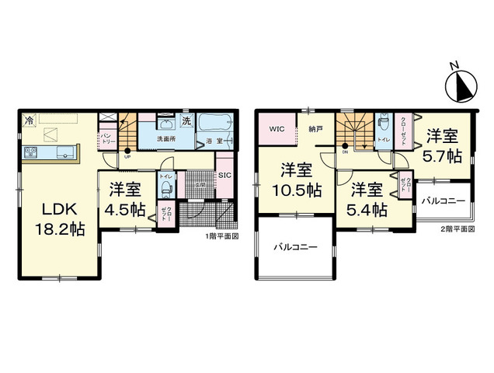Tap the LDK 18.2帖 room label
pyautogui.click(x=55, y=219)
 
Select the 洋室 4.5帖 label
pyautogui.click(x=126, y=198)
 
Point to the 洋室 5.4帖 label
pyautogui.click(x=367, y=200)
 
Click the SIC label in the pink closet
pyautogui.click(x=224, y=175)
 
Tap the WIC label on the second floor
pyautogui.click(x=277, y=128)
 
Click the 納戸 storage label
pyautogui.click(x=315, y=128)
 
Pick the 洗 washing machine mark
pyautogui.click(x=186, y=121)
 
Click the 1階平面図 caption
pyautogui.click(x=221, y=235)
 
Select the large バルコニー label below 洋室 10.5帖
pyautogui.click(x=294, y=248)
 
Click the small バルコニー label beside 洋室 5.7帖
pyautogui.click(x=443, y=201)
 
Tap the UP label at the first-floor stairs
pyautogui.click(x=127, y=155)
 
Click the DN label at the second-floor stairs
pyautogui.click(x=344, y=152)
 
